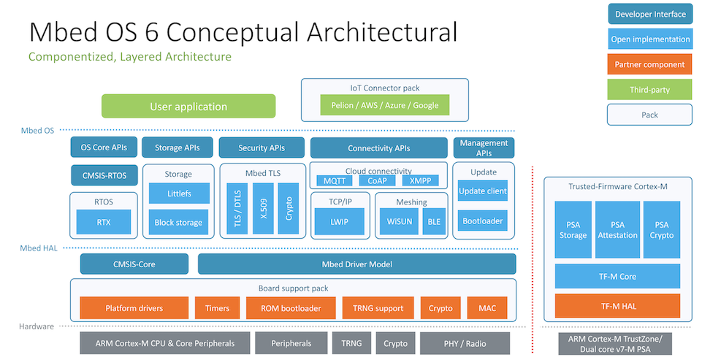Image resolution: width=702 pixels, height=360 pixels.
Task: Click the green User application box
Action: (x=188, y=106)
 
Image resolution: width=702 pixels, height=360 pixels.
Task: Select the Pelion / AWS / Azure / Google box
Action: (x=384, y=105)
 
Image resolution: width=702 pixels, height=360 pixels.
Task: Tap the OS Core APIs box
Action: (x=104, y=148)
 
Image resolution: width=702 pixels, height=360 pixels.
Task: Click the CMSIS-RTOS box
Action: (x=104, y=175)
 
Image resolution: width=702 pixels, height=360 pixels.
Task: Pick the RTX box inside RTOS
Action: (x=104, y=222)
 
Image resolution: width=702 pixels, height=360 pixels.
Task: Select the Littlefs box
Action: (x=178, y=194)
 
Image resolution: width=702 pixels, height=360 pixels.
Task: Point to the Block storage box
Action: (x=178, y=222)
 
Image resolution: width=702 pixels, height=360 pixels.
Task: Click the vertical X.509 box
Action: (x=262, y=208)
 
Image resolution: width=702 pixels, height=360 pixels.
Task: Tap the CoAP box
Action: (x=378, y=180)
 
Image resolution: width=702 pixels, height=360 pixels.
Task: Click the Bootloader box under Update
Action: (x=482, y=221)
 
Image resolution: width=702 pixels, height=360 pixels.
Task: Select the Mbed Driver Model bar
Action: (x=356, y=264)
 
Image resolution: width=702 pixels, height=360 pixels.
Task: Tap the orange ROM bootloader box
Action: (x=291, y=308)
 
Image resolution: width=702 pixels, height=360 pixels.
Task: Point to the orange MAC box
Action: (x=487, y=308)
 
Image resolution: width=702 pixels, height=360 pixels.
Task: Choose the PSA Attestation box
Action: (x=617, y=230)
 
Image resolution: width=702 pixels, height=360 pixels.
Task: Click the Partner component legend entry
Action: (x=649, y=64)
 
